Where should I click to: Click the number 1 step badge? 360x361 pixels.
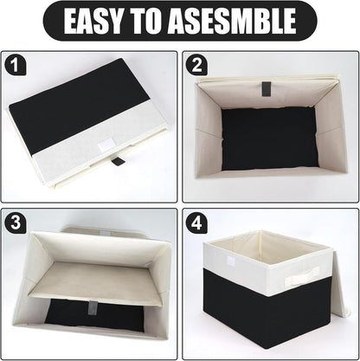coord(15,65)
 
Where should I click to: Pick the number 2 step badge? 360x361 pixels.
coord(196,65)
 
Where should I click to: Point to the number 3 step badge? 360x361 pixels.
coord(15,222)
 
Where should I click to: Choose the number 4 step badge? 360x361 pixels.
coord(196,222)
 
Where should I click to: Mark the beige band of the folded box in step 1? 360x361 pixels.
coord(61,151)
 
